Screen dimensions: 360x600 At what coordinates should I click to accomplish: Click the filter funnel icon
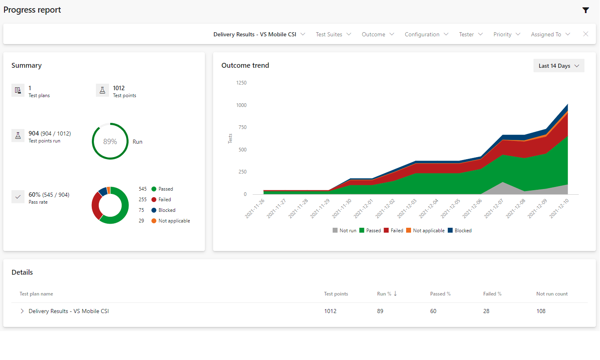tap(586, 10)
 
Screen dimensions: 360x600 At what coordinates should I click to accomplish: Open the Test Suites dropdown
tap(333, 34)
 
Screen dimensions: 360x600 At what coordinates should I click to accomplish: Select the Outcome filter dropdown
tap(378, 34)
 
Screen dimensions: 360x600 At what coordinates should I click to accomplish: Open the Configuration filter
tap(426, 34)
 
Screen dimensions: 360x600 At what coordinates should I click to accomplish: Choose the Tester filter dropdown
tap(471, 34)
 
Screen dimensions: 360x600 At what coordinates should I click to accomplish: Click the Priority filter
tap(507, 34)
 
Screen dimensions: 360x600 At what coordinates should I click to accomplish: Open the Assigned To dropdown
tap(550, 34)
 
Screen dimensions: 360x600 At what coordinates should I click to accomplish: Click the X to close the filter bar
tap(586, 34)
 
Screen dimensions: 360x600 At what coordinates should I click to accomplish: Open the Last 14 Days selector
tap(558, 66)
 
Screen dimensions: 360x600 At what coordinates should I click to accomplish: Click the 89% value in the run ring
tap(110, 142)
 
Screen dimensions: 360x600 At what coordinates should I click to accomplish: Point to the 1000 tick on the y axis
tap(241, 105)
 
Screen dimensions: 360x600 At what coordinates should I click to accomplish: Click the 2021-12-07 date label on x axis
tap(494, 209)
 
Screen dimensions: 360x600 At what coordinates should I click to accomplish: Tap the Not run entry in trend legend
tap(344, 231)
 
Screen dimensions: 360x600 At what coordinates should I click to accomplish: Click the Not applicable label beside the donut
tap(174, 221)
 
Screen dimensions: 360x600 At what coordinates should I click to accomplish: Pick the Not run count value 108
tap(541, 311)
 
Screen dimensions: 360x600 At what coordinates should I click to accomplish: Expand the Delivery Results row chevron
tap(22, 311)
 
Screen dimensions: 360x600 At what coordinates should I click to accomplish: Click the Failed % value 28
tap(486, 311)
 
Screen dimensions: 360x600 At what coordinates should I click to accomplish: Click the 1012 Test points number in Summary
tap(119, 88)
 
